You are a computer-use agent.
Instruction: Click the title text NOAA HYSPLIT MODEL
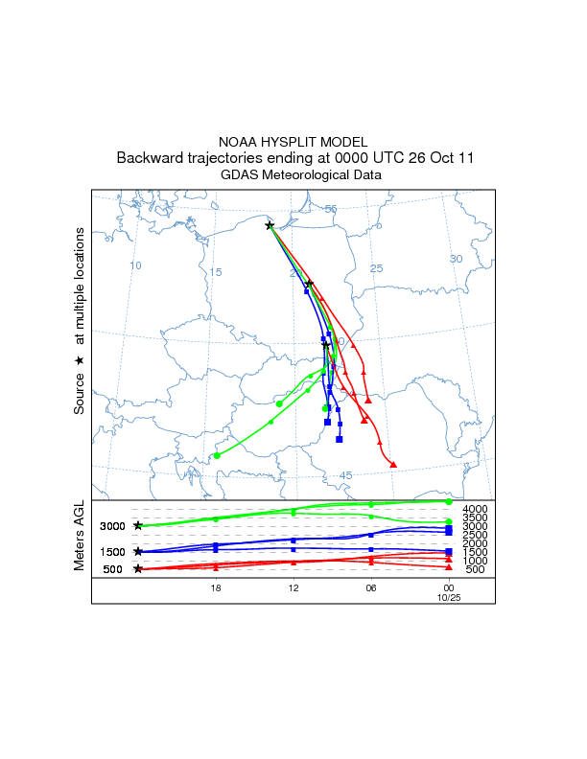(293, 141)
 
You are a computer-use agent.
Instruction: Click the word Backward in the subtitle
(150, 157)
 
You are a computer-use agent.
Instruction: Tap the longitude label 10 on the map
(136, 265)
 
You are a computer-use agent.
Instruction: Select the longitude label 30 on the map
(457, 259)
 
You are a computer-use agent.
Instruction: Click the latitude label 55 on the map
(331, 209)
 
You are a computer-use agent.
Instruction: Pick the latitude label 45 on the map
(346, 475)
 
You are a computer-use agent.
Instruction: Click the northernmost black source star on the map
(270, 225)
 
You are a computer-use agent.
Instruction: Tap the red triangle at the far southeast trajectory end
(394, 465)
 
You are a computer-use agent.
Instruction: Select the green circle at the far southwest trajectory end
(218, 455)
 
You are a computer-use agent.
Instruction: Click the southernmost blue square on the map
(340, 439)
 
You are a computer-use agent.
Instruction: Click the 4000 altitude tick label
(476, 509)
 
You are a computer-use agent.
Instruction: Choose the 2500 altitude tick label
(476, 535)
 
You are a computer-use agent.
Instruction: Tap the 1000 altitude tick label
(476, 561)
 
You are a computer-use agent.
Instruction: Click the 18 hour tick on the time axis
(216, 588)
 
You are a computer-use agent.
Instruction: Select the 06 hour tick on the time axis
(371, 588)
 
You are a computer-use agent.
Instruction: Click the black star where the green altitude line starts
(138, 525)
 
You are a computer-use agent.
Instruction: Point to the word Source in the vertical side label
(81, 391)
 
